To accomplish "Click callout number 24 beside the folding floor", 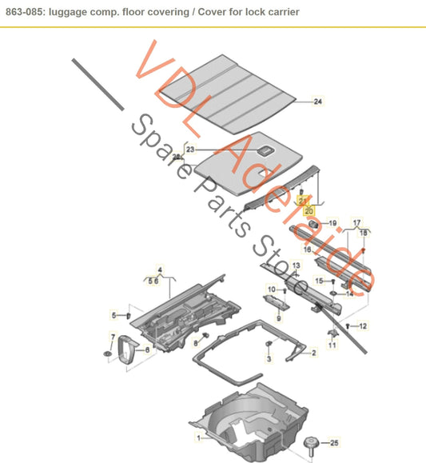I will point(318,102).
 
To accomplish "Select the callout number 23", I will point(190,150).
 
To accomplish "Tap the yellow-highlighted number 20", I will point(309,210).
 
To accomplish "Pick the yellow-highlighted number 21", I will point(303,200).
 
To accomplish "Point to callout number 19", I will point(333,223).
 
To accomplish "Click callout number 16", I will point(307,249).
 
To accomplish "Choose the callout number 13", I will point(296,265).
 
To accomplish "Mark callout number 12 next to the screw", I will point(362,325).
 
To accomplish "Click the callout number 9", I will point(278,318).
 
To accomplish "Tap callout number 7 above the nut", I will point(112,337).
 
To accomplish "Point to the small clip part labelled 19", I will point(313,223).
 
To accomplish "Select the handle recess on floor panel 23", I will point(265,150).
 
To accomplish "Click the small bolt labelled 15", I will point(334,281).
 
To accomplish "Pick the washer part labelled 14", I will point(334,294).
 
